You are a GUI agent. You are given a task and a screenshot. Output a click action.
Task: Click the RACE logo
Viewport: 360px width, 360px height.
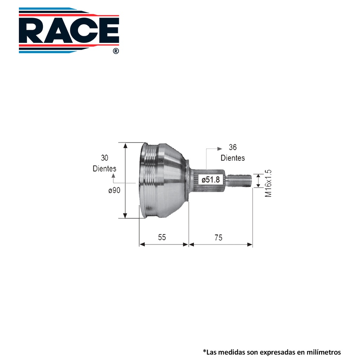tap(69, 30)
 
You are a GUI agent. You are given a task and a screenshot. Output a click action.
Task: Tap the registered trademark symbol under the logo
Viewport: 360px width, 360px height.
tap(116, 51)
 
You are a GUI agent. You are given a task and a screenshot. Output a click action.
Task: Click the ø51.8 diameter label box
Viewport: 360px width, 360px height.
tap(211, 180)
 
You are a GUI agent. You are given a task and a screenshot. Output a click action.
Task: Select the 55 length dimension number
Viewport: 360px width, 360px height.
tap(162, 237)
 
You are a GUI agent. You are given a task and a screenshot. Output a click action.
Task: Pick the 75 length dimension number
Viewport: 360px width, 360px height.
tap(219, 237)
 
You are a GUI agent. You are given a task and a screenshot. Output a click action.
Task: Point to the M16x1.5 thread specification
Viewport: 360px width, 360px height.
tap(268, 183)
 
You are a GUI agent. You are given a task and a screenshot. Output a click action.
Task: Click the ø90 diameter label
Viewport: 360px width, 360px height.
tap(114, 190)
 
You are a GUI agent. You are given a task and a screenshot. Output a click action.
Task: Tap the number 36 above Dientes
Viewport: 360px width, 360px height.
tap(233, 147)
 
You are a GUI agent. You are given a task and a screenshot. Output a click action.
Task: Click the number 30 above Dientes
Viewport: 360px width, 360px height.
tap(104, 158)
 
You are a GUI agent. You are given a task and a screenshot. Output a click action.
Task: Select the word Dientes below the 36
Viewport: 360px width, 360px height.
tap(233, 158)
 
